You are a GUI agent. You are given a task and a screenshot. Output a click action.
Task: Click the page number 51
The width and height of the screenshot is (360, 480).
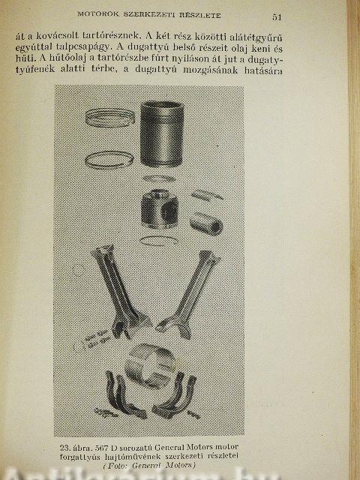point(277,17)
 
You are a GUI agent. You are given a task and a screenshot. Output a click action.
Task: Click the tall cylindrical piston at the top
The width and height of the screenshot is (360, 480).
point(162,133)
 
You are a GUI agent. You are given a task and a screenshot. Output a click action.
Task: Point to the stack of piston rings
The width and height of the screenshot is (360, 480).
point(110,118)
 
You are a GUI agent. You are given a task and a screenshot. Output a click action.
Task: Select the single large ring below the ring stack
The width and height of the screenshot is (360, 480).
point(109,160)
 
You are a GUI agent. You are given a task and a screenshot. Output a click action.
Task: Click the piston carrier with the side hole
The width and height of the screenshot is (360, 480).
point(160,209)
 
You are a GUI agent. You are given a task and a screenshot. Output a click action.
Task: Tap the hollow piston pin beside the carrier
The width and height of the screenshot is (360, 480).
point(206,223)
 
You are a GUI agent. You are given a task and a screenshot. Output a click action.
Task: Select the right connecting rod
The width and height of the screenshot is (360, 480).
point(190,294)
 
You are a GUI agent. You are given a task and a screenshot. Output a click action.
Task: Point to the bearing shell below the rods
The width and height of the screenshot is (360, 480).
point(150,365)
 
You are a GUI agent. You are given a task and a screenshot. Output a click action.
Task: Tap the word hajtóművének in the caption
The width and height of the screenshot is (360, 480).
point(131,457)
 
